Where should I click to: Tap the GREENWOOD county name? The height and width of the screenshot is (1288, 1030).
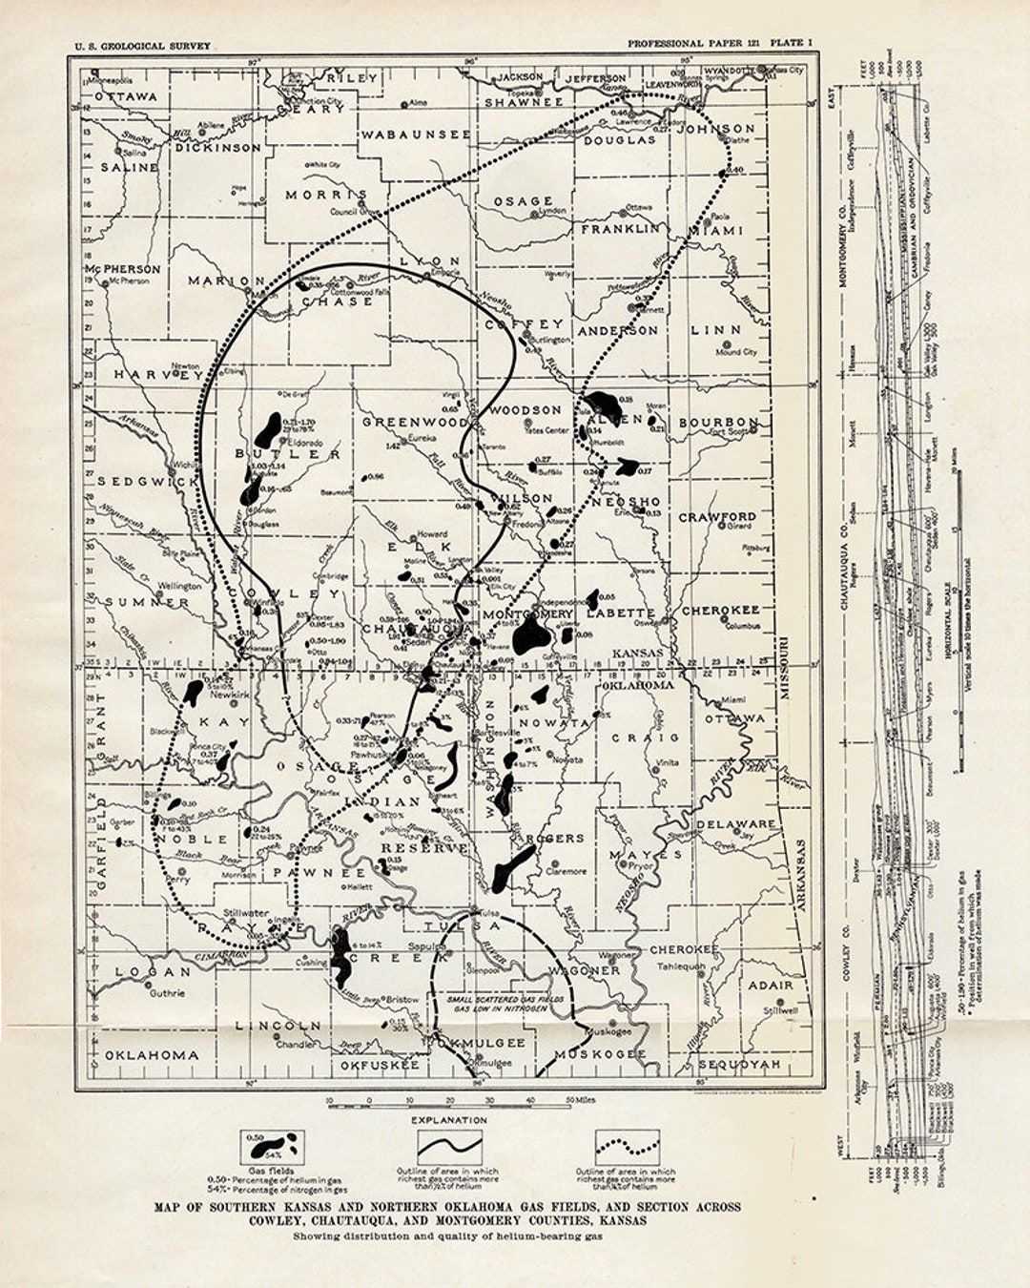tap(414, 421)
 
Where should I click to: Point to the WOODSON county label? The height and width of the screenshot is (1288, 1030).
tap(525, 409)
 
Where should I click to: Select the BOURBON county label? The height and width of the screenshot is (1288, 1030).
tap(720, 422)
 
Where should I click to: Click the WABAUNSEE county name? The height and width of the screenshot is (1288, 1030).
tap(415, 135)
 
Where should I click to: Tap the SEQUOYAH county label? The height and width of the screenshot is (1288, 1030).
tap(740, 1063)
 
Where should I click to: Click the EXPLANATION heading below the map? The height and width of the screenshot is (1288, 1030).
tap(448, 1119)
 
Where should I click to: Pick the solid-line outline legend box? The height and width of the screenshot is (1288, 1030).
tap(449, 1145)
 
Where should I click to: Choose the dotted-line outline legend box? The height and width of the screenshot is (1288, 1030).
tap(628, 1145)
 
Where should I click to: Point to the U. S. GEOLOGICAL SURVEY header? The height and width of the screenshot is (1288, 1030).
tap(143, 46)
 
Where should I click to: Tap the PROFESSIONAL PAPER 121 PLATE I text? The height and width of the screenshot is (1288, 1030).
tap(719, 44)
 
